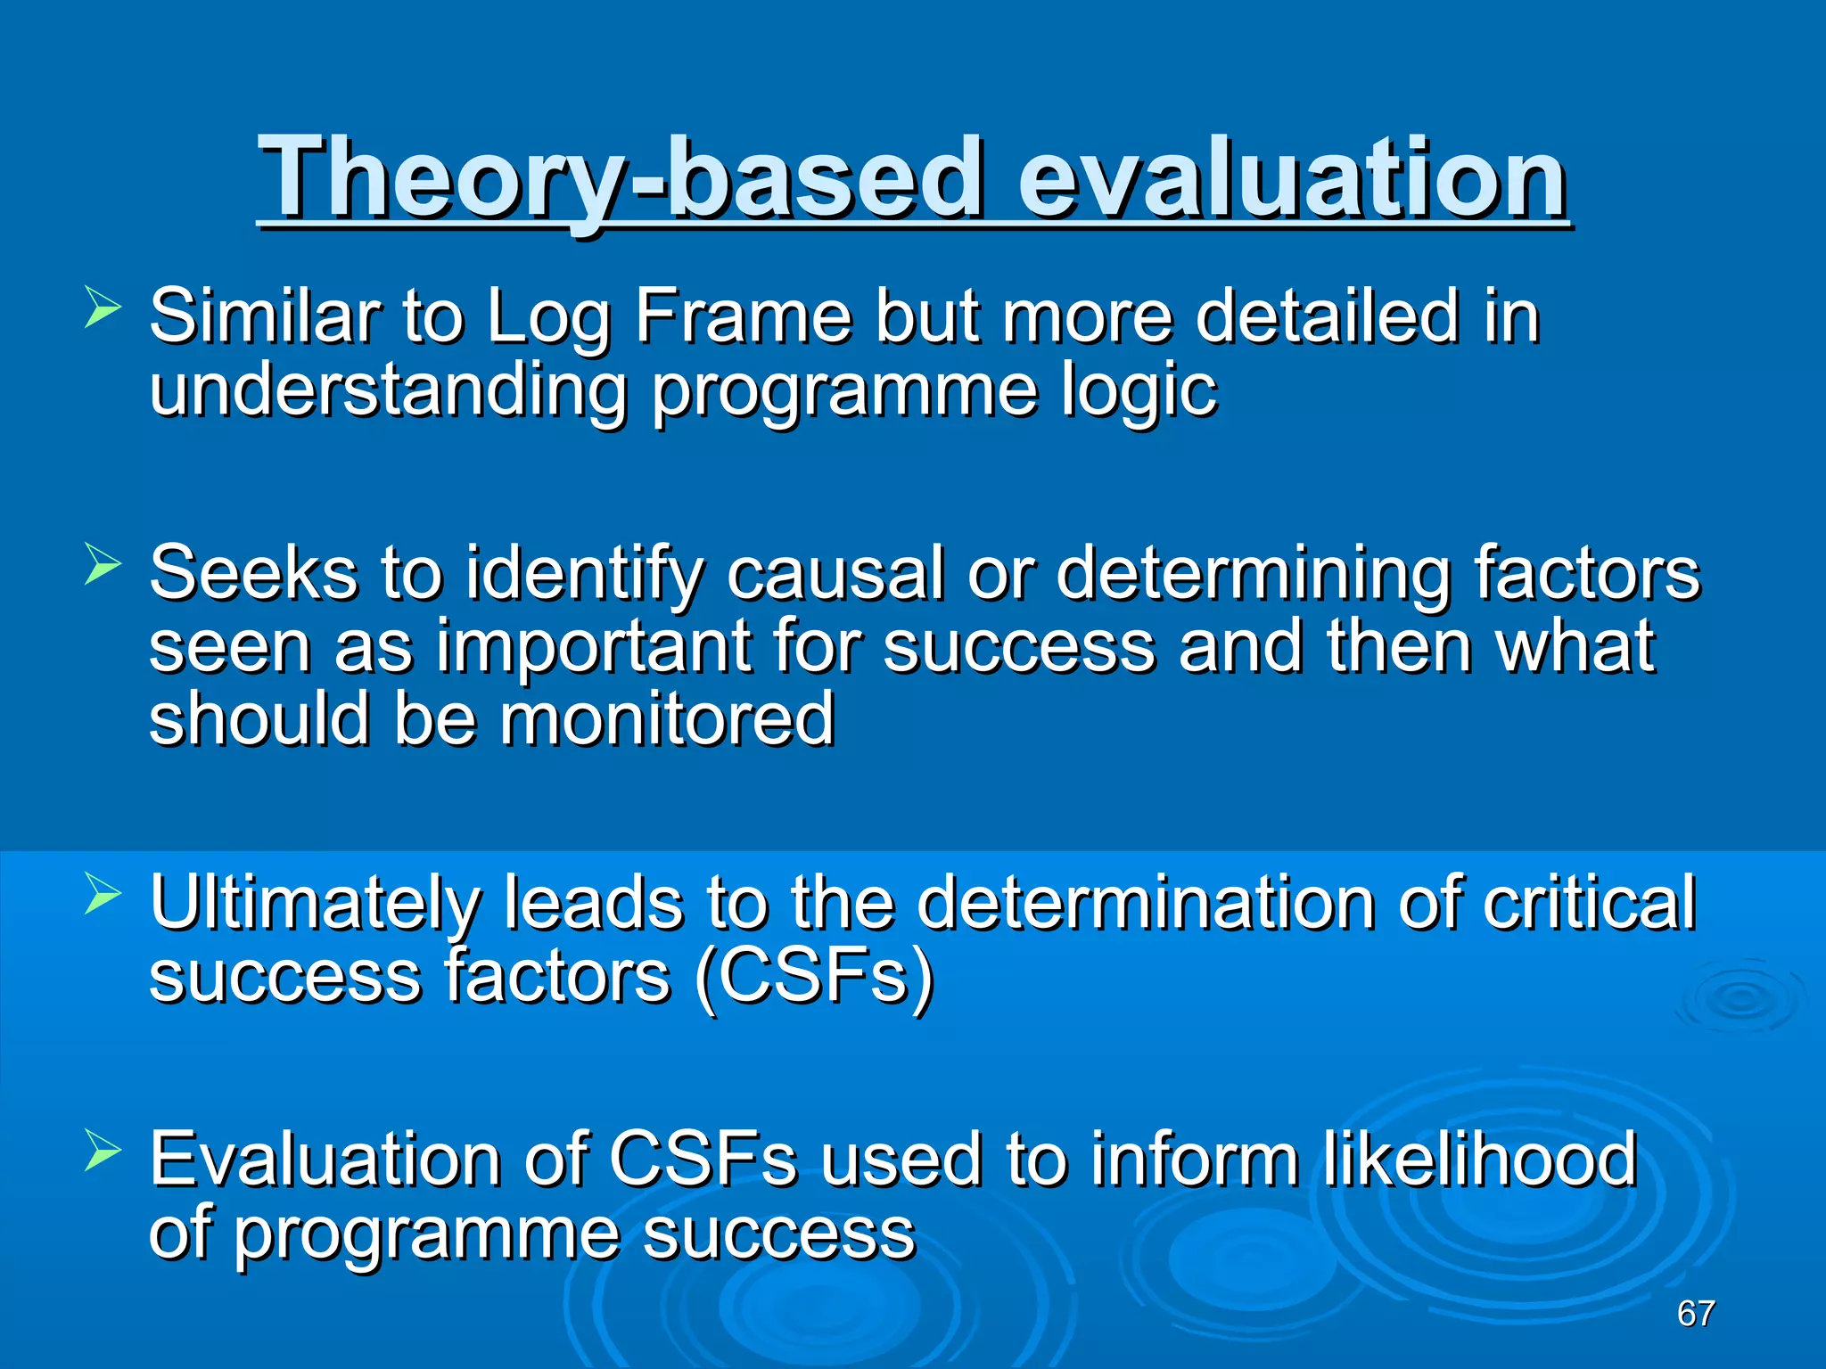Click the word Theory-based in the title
[x=620, y=178]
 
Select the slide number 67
[x=1695, y=1313]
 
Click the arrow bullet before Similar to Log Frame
[x=102, y=308]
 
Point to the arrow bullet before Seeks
[x=102, y=565]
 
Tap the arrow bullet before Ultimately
[x=102, y=895]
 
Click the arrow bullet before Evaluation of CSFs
[x=102, y=1151]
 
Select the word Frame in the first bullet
[x=743, y=316]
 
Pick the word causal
[x=835, y=573]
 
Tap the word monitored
[x=666, y=720]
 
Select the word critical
[x=1589, y=903]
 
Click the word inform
[x=1194, y=1160]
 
